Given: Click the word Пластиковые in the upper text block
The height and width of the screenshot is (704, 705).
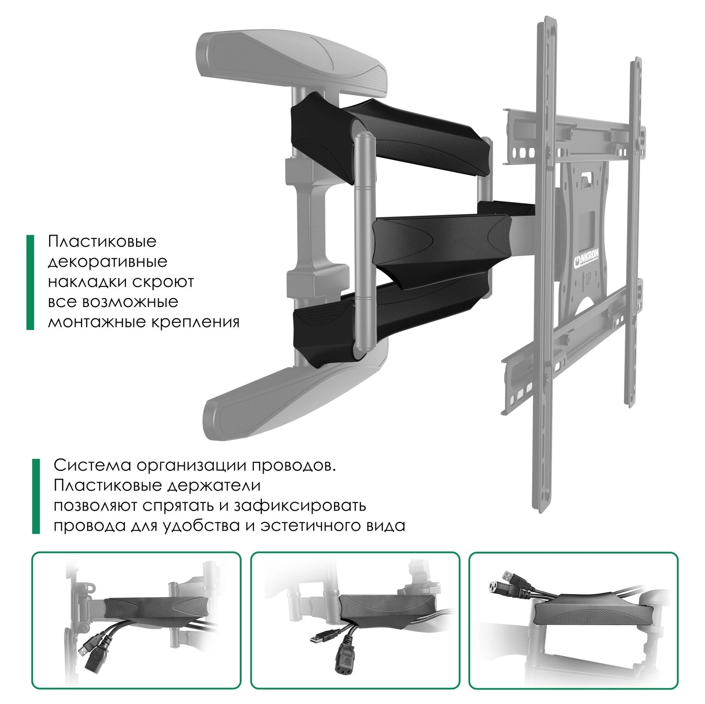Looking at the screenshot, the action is click(x=102, y=241).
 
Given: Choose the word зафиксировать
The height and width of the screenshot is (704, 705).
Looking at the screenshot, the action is click(x=300, y=506).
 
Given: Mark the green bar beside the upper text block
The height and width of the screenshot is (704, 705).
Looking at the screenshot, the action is click(x=30, y=282).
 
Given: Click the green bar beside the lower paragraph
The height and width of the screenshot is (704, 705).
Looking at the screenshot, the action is click(x=36, y=496).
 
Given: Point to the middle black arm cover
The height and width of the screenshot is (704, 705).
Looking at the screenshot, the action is click(x=443, y=239).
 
